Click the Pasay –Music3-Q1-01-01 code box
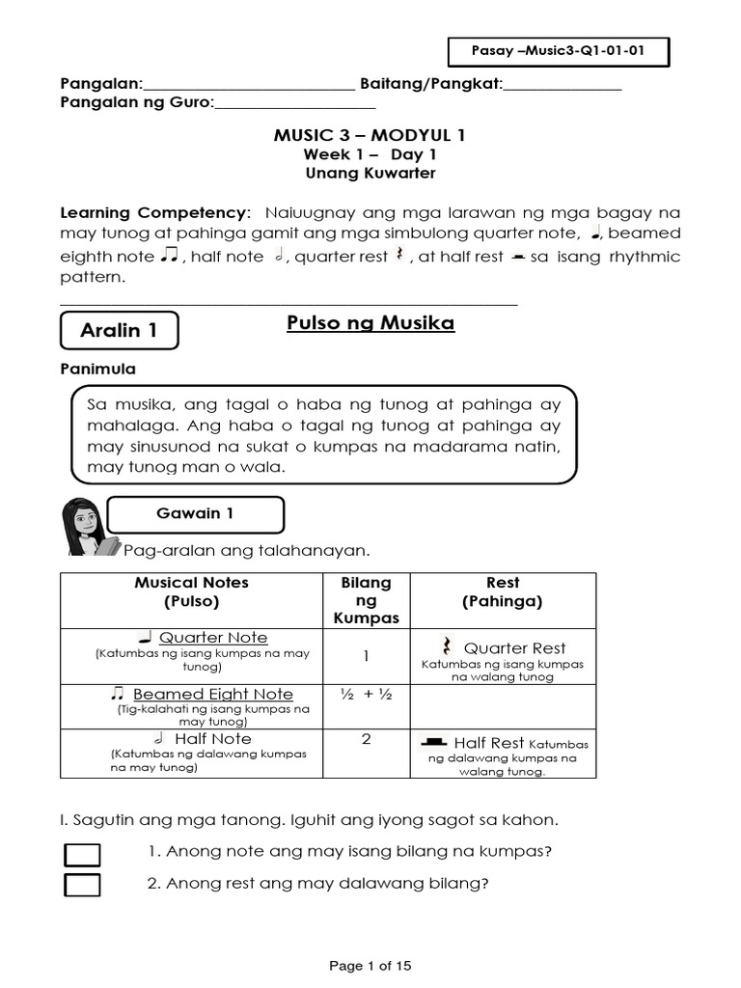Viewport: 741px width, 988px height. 559,51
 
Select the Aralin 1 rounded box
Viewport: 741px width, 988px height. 119,331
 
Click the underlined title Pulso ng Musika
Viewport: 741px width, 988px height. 370,323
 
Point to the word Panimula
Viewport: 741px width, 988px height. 98,370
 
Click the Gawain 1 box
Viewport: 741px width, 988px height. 195,514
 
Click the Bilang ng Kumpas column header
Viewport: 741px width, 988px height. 367,600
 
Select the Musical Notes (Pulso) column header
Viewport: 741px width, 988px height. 191,591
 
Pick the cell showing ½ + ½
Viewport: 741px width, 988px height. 367,695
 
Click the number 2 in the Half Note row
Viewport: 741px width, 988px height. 367,739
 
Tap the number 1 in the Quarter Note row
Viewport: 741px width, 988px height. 367,656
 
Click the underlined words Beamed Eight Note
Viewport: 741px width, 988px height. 213,695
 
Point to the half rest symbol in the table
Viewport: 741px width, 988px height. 433,742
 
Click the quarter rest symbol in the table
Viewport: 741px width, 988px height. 447,646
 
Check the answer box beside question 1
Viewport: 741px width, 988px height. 82,854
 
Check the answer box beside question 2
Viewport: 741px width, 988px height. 82,885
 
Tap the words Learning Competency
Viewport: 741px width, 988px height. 153,212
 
